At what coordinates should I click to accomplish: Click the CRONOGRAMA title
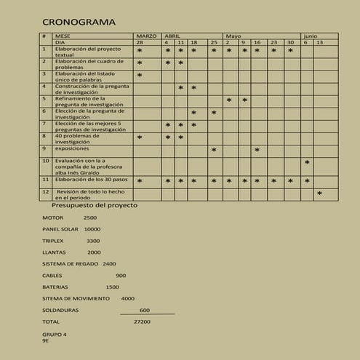pos(79,22)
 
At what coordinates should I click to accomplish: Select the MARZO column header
pos(145,36)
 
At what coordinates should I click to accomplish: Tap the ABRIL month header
pos(173,36)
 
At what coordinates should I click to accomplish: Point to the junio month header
pos(311,36)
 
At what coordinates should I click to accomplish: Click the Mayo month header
pos(233,36)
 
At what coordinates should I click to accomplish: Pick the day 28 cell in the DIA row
pos(140,43)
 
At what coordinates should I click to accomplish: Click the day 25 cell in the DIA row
pos(214,43)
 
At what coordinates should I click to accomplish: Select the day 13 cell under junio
pos(319,43)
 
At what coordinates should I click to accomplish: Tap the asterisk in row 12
pos(319,194)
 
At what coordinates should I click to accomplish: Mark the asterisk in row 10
pos(307,164)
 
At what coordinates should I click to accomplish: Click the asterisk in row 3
pos(140,76)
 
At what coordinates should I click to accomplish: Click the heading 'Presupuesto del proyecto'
pos(94,205)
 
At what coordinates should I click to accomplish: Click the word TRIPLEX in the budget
pos(53,241)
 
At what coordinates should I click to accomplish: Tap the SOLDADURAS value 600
pos(145,310)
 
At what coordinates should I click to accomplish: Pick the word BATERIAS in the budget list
pos(55,287)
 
